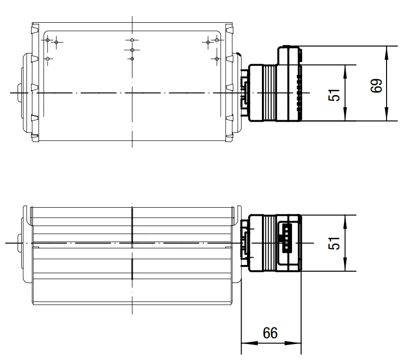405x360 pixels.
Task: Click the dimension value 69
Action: pos(376,85)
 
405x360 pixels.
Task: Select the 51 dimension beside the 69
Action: pos(334,95)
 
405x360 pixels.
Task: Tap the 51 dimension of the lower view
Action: pos(334,243)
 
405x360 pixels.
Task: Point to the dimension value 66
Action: pos(270,333)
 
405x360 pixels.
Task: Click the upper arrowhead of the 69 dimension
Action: pos(387,53)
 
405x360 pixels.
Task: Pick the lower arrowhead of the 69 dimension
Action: pos(387,114)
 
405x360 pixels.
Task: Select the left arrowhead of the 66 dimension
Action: pos(249,343)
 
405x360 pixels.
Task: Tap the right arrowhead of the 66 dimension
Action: pos(293,343)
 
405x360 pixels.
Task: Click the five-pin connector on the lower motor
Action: pos(287,238)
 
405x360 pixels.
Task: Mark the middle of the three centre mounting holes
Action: pos(132,50)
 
